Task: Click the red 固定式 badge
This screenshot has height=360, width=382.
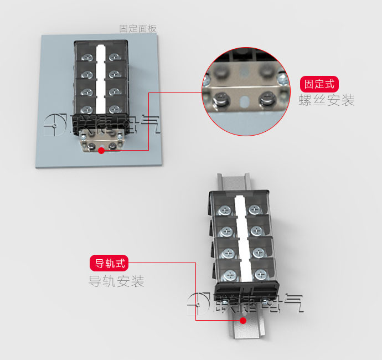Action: click(x=319, y=84)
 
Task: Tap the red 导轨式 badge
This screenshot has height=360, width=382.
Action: click(x=109, y=263)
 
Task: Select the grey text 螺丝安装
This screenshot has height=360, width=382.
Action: click(x=327, y=100)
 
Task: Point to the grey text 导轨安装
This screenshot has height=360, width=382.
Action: click(x=116, y=281)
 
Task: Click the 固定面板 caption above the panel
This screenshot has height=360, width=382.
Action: click(x=138, y=28)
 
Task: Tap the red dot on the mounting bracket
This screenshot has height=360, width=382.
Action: click(x=101, y=151)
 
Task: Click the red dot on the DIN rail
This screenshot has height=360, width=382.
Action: click(x=243, y=321)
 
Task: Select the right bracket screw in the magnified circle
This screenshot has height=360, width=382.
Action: click(x=267, y=99)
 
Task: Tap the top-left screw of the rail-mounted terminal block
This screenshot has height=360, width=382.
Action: click(x=225, y=210)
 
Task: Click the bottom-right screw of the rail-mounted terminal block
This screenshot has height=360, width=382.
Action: click(x=261, y=275)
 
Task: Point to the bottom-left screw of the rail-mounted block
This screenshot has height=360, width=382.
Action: click(x=230, y=276)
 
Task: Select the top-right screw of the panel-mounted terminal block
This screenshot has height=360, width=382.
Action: click(x=115, y=57)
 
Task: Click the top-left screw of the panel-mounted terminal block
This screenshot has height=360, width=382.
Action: click(x=87, y=58)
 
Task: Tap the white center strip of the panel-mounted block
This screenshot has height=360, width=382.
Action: click(x=101, y=79)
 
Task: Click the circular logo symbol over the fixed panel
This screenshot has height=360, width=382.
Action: click(x=55, y=125)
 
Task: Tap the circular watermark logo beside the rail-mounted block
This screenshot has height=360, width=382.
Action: click(x=198, y=304)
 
